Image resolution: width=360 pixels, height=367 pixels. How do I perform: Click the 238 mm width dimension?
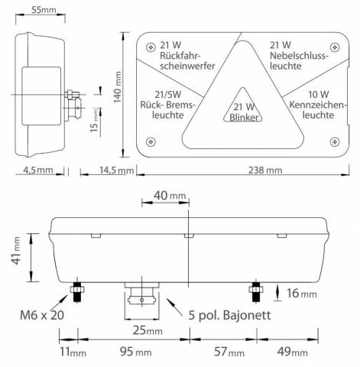point(265,170)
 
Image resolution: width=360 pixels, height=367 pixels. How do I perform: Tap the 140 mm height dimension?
point(118,87)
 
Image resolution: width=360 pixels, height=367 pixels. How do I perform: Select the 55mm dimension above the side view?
point(44,10)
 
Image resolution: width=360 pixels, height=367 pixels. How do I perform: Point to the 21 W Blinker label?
point(243,112)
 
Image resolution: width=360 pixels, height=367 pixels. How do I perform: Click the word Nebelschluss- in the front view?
point(297,55)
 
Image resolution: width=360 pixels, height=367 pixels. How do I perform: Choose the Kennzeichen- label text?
point(318,105)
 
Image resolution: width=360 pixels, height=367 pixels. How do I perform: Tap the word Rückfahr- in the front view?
point(180,56)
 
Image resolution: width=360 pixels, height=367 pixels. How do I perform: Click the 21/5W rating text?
point(168,95)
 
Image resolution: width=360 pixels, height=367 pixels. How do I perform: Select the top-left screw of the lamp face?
point(151,47)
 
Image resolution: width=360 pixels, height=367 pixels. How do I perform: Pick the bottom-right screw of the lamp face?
point(335,142)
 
